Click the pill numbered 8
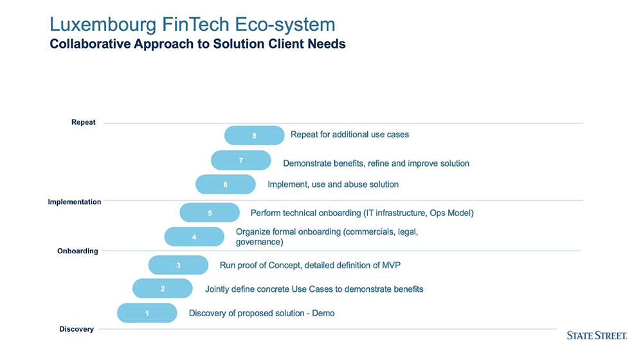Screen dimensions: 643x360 (x=254, y=135)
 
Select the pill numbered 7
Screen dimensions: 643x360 (x=241, y=160)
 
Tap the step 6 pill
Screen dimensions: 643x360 (x=226, y=184)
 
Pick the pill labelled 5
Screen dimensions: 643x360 (x=210, y=212)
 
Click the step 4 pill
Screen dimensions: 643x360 (x=194, y=237)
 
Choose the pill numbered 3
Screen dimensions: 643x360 (x=178, y=265)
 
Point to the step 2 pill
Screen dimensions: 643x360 (x=163, y=289)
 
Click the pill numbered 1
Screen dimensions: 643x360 (x=147, y=313)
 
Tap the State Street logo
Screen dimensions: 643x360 (x=597, y=336)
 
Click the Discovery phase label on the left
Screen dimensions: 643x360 (x=77, y=329)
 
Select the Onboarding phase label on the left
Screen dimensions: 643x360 (x=78, y=251)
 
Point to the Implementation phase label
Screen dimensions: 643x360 (x=74, y=202)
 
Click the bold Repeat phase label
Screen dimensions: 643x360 (x=83, y=122)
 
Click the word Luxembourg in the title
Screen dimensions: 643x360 (x=103, y=24)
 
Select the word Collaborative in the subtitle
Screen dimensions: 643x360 (x=90, y=44)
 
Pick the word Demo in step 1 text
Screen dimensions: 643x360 (x=323, y=313)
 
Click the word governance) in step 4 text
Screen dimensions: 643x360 (x=260, y=242)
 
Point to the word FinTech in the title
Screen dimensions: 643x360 (x=195, y=24)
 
